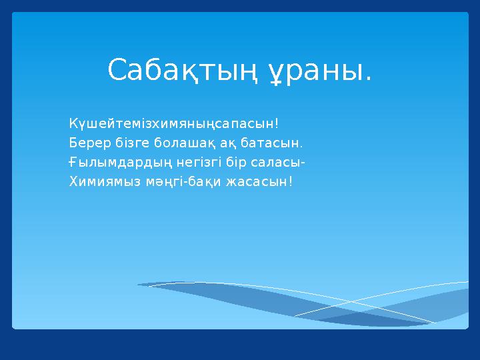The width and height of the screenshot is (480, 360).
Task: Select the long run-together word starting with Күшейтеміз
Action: [171, 124]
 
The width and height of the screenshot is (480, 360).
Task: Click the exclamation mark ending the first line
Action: [276, 123]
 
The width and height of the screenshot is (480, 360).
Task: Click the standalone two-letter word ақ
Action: [227, 143]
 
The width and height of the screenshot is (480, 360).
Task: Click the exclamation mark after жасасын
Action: [290, 181]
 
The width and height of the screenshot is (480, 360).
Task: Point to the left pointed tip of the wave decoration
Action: [139, 285]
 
